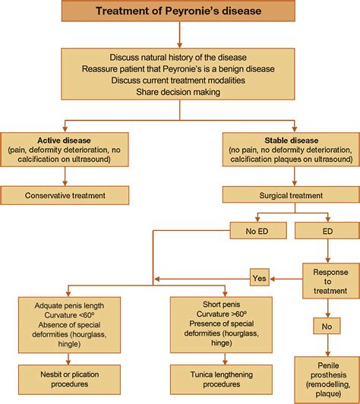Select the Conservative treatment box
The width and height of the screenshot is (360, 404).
(x=64, y=195)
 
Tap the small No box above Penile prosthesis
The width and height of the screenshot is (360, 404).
(x=327, y=327)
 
